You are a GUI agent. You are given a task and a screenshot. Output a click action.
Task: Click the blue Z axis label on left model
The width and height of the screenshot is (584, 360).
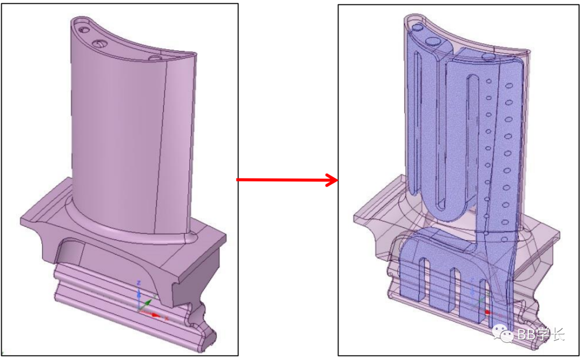[139, 283]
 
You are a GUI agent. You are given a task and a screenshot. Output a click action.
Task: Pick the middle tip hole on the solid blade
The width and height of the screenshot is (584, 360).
[98, 43]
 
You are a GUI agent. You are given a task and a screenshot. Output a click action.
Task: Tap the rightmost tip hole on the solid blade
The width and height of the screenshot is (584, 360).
[155, 57]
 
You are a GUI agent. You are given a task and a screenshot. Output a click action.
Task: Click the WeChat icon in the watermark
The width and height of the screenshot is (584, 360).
[506, 335]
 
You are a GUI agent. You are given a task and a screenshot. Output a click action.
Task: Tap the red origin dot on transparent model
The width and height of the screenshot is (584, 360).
[488, 312]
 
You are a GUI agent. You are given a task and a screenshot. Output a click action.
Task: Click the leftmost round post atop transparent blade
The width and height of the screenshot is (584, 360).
[416, 27]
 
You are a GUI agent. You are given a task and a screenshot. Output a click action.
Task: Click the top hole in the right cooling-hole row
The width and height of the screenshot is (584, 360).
[508, 85]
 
